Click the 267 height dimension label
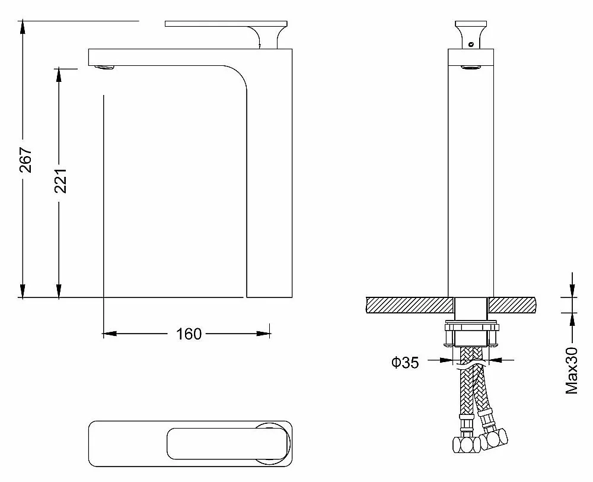pyautogui.click(x=25, y=160)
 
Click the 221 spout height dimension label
pyautogui.click(x=61, y=180)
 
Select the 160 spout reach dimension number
pyautogui.click(x=189, y=334)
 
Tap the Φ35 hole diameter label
pyautogui.click(x=405, y=362)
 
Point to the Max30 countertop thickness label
pyautogui.click(x=572, y=370)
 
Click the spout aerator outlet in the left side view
pyautogui.click(x=104, y=68)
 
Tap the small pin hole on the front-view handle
pyautogui.click(x=471, y=45)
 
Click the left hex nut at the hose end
pyautogui.click(x=466, y=445)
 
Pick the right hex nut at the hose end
pyautogui.click(x=494, y=439)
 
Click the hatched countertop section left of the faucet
pyautogui.click(x=410, y=305)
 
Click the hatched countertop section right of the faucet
pyautogui.click(x=512, y=305)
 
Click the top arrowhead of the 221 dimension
pyautogui.click(x=59, y=75)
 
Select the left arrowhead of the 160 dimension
pyautogui.click(x=110, y=334)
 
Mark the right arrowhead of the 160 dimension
pyautogui.click(x=263, y=334)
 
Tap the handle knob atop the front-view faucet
pyautogui.click(x=471, y=34)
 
